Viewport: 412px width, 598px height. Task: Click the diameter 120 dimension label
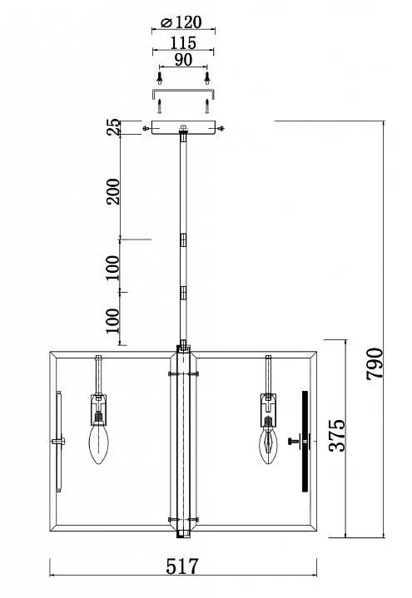(x=181, y=22)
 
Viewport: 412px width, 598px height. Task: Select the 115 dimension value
(x=183, y=42)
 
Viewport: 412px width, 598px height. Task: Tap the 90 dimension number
(x=183, y=60)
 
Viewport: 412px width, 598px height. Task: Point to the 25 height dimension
(x=114, y=127)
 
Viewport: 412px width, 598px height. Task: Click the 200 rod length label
(x=113, y=191)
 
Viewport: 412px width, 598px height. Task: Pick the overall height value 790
(x=375, y=363)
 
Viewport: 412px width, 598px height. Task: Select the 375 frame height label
(x=337, y=435)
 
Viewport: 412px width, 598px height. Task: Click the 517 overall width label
(x=182, y=566)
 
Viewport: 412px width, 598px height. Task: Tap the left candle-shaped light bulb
(x=98, y=444)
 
